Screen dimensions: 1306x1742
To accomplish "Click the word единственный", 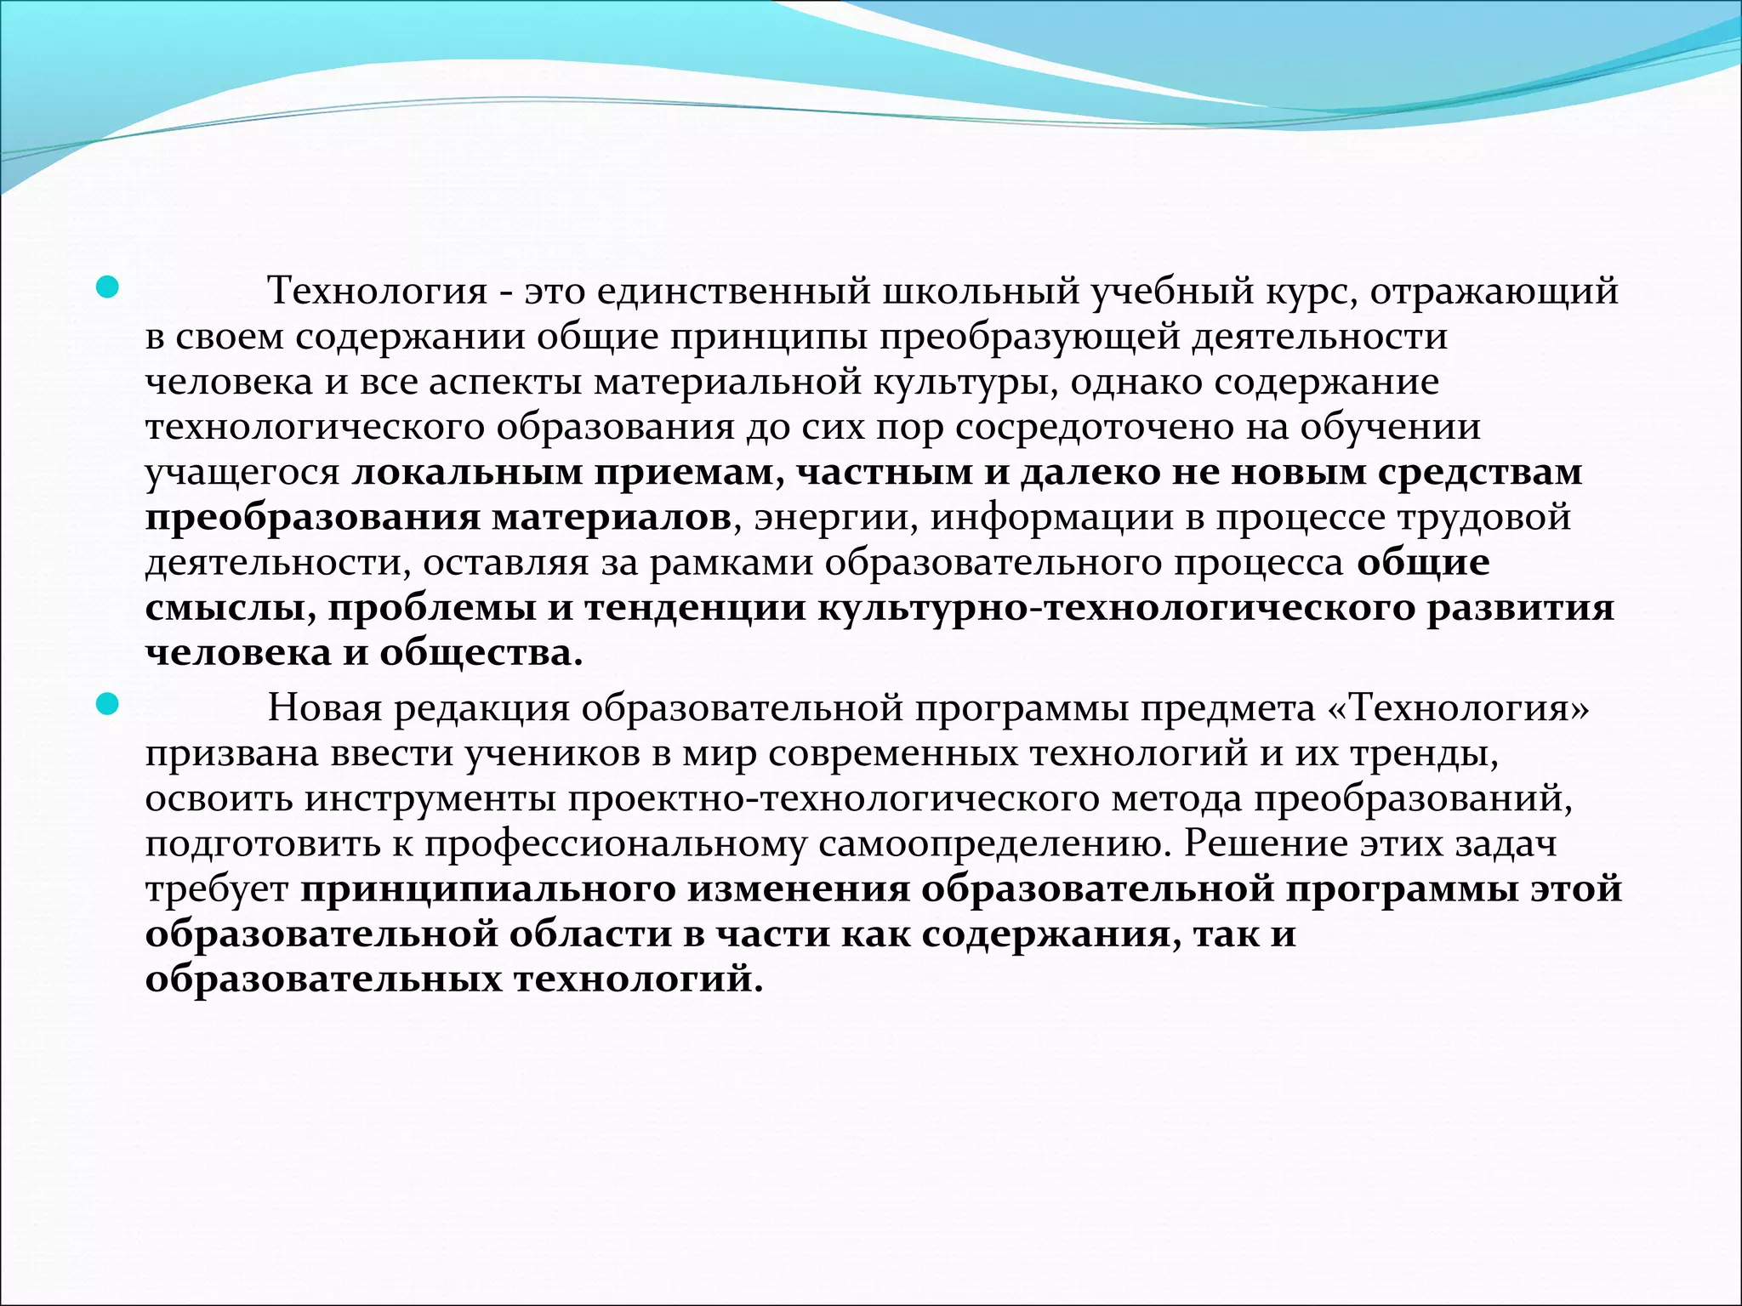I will point(733,292).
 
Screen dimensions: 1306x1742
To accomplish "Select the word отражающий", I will point(1494,292).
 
